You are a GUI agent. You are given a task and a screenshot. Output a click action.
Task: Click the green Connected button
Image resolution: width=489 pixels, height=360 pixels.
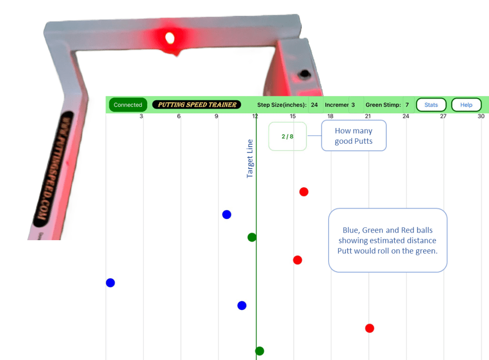tap(128, 105)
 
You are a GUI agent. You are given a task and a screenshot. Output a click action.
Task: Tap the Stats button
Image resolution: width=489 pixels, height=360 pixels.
tap(431, 105)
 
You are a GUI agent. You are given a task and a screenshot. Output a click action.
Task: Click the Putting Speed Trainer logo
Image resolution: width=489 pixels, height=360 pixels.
tap(197, 105)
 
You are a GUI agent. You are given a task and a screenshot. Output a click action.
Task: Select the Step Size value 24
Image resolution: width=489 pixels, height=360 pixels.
tap(314, 105)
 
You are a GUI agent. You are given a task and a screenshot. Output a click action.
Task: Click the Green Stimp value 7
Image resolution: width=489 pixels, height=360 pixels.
tap(407, 105)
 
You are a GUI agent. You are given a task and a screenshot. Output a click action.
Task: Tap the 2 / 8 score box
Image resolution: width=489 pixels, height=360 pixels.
tap(287, 137)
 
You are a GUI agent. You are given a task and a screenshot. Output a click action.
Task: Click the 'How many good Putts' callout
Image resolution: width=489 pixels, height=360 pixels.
tap(353, 136)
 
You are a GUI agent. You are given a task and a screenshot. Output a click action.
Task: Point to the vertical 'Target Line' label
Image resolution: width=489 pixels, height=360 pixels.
tap(250, 159)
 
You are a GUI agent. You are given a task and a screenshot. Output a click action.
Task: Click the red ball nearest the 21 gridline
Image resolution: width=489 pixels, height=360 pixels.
tap(369, 328)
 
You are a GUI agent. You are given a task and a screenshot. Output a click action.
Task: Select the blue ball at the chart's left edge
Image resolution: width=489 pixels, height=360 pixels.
tap(110, 283)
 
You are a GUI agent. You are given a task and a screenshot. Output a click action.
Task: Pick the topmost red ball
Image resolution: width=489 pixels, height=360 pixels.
tap(304, 192)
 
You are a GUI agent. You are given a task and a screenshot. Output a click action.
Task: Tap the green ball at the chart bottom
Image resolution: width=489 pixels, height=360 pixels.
tap(259, 351)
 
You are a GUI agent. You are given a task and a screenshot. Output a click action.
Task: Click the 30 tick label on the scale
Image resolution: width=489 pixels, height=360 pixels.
tap(481, 116)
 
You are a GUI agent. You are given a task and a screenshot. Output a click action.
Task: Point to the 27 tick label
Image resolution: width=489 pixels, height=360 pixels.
tap(443, 116)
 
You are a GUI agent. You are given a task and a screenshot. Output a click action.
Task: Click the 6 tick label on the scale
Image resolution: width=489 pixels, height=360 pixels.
tap(179, 116)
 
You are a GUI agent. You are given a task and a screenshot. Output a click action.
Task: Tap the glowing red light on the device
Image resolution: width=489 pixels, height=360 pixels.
tap(169, 37)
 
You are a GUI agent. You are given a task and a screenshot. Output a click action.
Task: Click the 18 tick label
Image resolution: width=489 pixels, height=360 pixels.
tap(330, 116)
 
